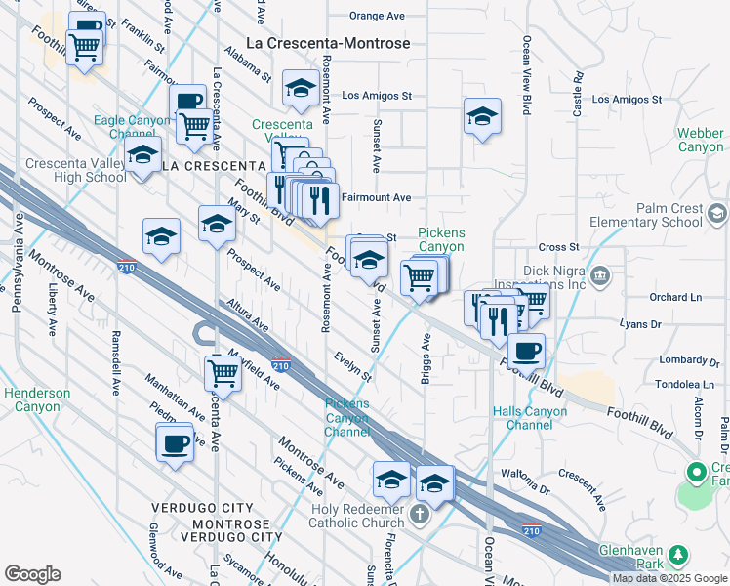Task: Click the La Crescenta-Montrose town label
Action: coord(327,43)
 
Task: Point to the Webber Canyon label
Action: coord(701,139)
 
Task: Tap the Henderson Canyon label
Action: coord(37,399)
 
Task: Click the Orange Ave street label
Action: coord(377,16)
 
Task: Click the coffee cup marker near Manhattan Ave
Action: coord(176,442)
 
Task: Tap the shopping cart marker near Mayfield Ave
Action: coord(223,373)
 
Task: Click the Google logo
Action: coord(32,574)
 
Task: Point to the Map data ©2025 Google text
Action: coord(669,578)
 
